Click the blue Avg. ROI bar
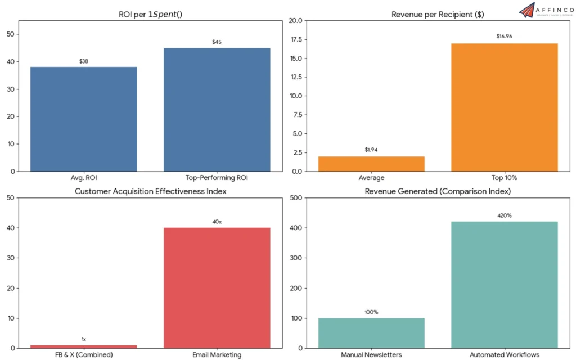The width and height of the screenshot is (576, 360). point(83,119)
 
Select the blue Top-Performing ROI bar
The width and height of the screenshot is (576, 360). point(217,109)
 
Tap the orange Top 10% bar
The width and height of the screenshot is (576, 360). point(505,107)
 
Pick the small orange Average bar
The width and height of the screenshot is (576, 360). point(371,164)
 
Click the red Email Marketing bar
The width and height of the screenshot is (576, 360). point(217,287)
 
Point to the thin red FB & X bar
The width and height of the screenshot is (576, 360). point(83,345)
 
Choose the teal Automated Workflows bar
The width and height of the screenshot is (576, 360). point(505,284)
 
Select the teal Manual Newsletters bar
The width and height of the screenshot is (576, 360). point(371,332)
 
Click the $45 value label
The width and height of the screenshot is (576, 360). point(217,42)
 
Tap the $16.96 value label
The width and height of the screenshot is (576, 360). point(505,37)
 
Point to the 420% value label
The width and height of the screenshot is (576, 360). point(505,215)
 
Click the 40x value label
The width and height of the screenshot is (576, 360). point(217,222)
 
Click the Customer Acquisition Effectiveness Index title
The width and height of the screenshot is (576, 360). point(150,191)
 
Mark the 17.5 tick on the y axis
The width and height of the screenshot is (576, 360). point(295,39)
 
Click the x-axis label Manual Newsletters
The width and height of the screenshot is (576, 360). point(371,355)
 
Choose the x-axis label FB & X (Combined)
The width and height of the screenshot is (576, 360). point(83,355)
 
